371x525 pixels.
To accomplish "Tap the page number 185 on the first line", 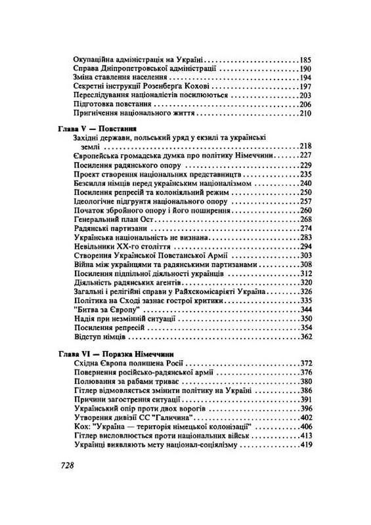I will click(x=306, y=58).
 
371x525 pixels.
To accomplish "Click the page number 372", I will click(x=306, y=363).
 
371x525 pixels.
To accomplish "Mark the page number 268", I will click(x=306, y=219).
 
